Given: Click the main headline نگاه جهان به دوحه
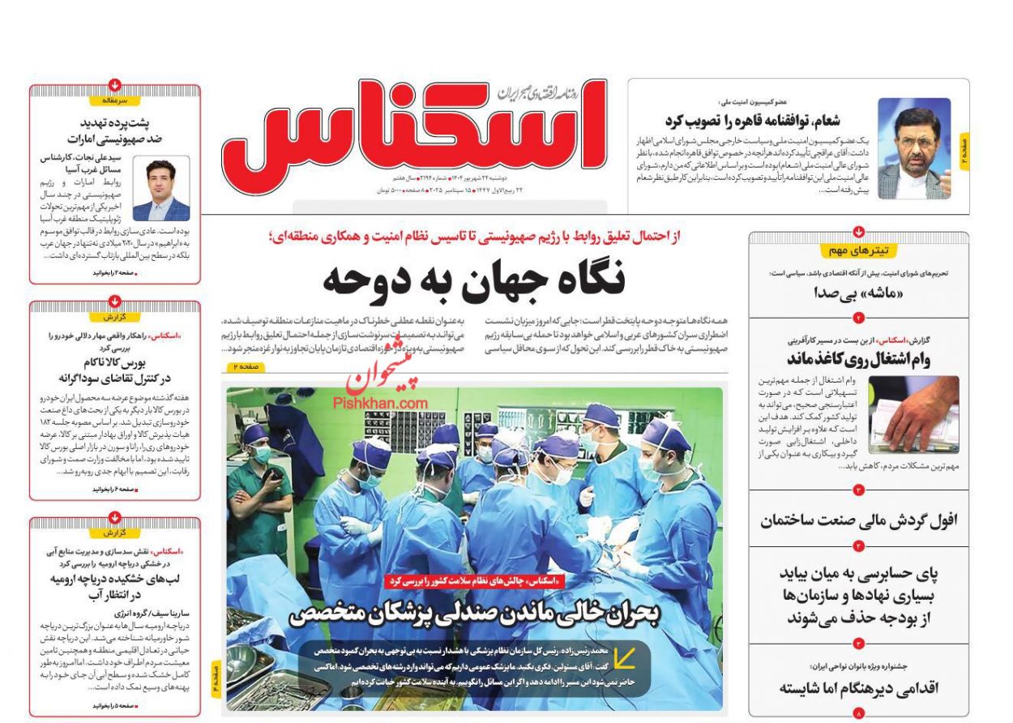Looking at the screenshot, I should pos(474,280).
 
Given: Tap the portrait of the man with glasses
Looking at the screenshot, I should pos(913,148).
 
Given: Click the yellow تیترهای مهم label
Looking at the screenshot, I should pos(858,250).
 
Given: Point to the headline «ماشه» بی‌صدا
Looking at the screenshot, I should pos(859,293).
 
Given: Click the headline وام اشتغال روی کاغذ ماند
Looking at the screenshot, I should pos(858,359).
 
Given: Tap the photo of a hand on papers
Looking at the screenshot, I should pos(913,414).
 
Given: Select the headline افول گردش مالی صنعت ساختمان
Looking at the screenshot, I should pos(858,520).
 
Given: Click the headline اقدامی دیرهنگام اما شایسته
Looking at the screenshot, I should pos(858,688).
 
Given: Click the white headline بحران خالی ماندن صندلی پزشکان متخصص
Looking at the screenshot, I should pos(475,614).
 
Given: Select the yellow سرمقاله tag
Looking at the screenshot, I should pos(115,101).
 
